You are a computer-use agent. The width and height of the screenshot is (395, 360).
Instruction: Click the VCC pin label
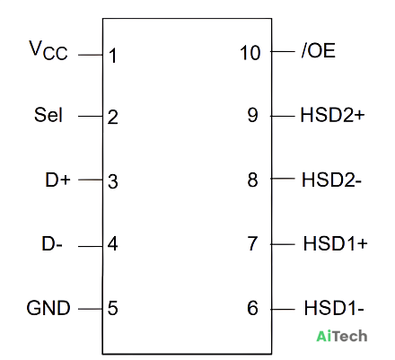tap(48, 50)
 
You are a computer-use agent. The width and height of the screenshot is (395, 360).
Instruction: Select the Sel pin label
tap(48, 115)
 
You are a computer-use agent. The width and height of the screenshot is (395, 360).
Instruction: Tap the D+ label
tap(57, 180)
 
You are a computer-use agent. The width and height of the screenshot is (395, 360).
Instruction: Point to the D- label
tap(52, 243)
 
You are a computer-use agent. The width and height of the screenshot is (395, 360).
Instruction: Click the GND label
tap(48, 308)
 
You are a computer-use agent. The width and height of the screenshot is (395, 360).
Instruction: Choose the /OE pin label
tap(319, 50)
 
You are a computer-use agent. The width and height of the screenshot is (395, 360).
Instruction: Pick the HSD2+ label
tap(332, 115)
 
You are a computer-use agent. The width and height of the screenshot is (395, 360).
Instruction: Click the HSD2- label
tap(331, 180)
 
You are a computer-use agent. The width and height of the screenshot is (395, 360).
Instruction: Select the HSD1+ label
tap(335, 243)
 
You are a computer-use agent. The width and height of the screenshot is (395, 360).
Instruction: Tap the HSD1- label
tap(334, 308)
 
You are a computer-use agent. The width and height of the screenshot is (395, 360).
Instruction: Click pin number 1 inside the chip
tap(113, 56)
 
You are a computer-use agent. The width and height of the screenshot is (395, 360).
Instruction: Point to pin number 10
tap(250, 53)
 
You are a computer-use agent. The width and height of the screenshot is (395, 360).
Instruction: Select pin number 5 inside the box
tap(113, 308)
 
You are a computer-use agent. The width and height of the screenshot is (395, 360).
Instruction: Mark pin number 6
tap(252, 308)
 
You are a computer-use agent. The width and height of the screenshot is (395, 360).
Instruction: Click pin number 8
tap(252, 180)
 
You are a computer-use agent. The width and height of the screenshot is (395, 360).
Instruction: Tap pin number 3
tap(113, 181)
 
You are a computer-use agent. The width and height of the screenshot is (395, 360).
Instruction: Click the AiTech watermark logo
tap(342, 336)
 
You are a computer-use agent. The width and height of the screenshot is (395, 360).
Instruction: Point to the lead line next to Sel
tap(91, 116)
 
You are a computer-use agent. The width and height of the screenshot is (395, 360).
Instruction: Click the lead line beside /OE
tap(283, 51)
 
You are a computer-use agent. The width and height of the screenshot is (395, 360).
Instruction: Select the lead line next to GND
tap(91, 309)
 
